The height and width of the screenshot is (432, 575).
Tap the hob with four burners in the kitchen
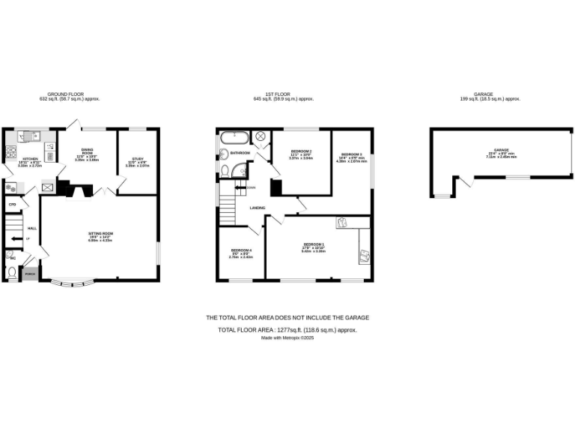(49, 157)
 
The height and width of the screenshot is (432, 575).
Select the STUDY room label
(137, 160)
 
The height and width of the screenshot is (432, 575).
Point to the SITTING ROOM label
(100, 235)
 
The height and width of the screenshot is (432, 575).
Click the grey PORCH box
(30, 274)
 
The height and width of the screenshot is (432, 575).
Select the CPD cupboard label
(12, 204)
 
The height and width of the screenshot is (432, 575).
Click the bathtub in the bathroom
(234, 137)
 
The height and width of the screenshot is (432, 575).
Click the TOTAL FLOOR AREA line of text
(287, 330)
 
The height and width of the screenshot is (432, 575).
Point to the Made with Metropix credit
(287, 337)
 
